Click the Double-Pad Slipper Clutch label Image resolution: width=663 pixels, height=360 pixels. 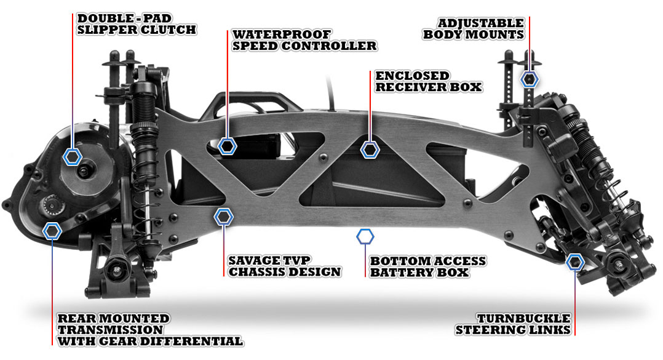[x=136, y=24]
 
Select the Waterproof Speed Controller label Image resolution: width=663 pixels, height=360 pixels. [x=304, y=40]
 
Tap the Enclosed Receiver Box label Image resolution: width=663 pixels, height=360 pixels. [x=428, y=81]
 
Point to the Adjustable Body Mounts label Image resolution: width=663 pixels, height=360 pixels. [x=474, y=29]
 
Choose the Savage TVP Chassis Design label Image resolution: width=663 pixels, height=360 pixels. [x=285, y=266]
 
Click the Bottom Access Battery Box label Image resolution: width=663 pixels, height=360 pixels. [x=428, y=266]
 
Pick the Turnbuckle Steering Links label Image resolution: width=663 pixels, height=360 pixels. [x=513, y=324]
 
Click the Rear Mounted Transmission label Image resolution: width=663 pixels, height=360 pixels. [x=150, y=330]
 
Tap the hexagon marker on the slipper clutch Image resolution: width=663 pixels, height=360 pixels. [x=73, y=156]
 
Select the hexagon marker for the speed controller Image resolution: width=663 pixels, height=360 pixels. [x=228, y=146]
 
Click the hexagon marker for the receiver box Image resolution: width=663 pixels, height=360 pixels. [x=370, y=150]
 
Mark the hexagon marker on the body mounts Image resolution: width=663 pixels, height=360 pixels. [x=529, y=79]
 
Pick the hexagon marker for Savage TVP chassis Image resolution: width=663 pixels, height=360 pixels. [x=223, y=217]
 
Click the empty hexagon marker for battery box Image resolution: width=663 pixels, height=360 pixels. [x=365, y=237]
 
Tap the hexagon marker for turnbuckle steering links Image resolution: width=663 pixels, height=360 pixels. [x=575, y=262]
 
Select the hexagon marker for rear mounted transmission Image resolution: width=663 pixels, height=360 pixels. [x=52, y=231]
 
